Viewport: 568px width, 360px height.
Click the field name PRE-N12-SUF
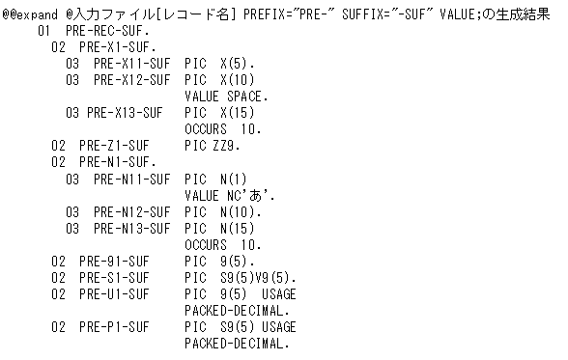[x=131, y=211]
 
